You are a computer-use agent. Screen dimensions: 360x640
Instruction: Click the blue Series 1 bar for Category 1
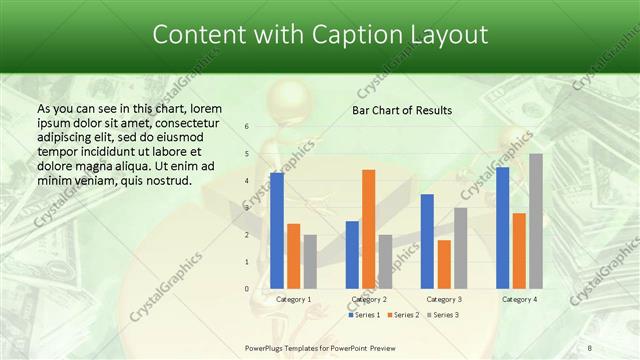point(277,230)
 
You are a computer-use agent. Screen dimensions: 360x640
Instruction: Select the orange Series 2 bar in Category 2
point(369,229)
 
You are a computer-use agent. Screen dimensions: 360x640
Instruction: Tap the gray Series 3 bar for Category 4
point(536,221)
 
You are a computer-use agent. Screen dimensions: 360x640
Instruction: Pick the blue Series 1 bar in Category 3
point(428,241)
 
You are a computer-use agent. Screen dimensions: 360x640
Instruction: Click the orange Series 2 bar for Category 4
point(519,250)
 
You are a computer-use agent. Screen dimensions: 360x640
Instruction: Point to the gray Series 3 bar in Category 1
point(310,261)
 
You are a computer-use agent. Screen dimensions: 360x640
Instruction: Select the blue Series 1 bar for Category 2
point(352,254)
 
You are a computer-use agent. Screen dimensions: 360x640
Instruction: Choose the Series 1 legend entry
point(364,315)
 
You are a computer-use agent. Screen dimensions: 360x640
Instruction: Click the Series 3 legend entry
point(444,315)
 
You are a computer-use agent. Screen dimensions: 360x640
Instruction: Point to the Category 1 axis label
point(293,299)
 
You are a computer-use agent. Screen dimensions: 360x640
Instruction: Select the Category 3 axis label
point(444,299)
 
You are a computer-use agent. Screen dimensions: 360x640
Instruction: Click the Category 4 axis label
point(519,299)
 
